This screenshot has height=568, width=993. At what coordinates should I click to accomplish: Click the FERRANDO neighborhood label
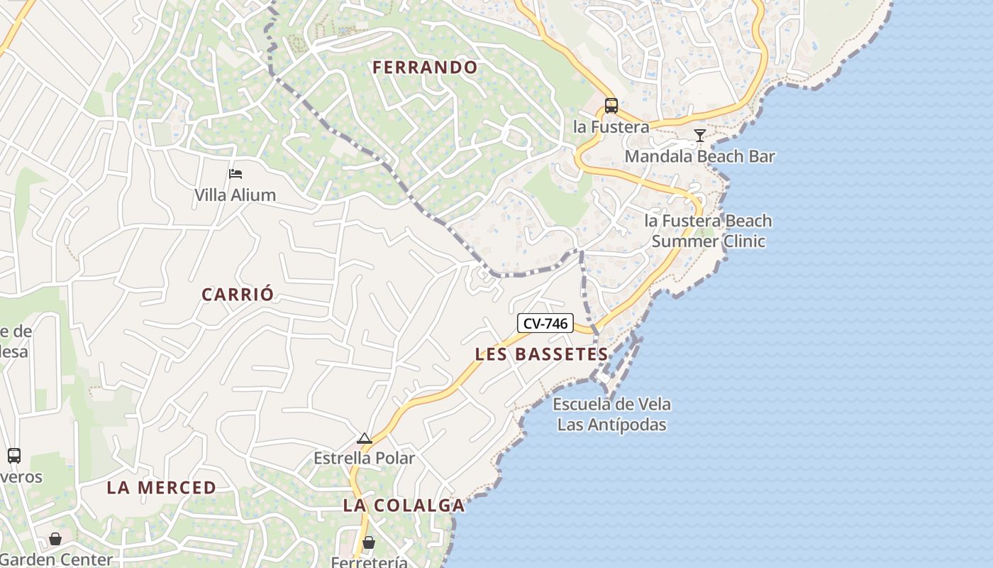click(425, 67)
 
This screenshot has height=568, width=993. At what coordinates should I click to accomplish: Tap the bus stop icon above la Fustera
click(611, 106)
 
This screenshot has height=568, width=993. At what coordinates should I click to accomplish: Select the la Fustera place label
click(611, 127)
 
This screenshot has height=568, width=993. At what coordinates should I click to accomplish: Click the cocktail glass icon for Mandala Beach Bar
click(700, 135)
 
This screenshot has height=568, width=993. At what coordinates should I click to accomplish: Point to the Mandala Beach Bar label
click(699, 156)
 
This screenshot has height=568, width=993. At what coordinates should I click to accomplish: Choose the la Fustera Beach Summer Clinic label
click(708, 231)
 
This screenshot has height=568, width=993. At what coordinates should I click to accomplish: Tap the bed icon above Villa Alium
click(235, 173)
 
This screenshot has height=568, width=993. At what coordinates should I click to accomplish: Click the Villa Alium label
click(235, 195)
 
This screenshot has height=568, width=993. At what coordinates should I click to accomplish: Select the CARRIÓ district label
click(238, 295)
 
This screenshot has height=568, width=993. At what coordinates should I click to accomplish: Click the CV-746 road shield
click(545, 324)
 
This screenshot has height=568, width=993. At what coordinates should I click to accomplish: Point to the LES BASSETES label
click(542, 354)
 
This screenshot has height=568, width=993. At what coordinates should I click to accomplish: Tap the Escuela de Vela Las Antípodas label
click(611, 415)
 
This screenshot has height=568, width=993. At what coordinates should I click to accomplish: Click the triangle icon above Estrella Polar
click(365, 438)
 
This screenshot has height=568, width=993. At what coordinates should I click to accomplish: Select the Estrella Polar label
click(365, 459)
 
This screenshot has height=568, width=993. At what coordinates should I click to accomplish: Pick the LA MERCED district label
click(162, 488)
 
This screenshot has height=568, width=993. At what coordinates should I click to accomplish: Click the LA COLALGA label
click(404, 506)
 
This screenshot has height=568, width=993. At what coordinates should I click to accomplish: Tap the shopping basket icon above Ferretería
click(369, 542)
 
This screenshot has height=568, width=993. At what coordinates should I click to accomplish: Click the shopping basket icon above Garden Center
click(55, 539)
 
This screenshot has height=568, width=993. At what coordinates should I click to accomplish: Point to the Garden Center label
click(57, 559)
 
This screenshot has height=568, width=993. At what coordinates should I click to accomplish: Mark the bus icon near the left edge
click(14, 456)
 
